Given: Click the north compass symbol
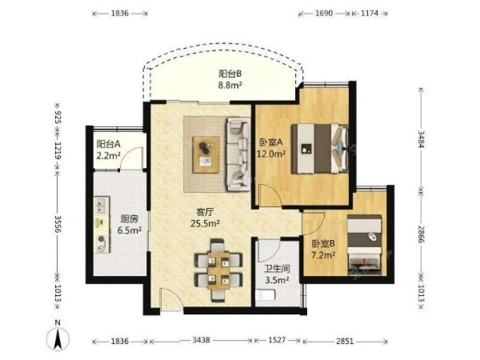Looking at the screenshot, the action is [x=58, y=339].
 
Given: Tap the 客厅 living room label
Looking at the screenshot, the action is [x=205, y=212].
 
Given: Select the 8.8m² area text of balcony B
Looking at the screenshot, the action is [x=230, y=85].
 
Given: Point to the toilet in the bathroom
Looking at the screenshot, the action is [x=265, y=295].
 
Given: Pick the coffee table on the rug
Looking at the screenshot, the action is [x=206, y=155].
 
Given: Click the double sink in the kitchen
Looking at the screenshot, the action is [x=101, y=205].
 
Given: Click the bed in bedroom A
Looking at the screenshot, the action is [x=319, y=148].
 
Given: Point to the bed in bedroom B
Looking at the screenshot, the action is [x=364, y=244].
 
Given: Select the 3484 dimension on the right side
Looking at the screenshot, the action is [x=421, y=140].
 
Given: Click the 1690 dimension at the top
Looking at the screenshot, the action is [x=324, y=13].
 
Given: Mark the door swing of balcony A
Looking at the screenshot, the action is [x=132, y=158].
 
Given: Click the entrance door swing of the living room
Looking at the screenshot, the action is [x=171, y=300].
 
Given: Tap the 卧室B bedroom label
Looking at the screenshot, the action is [x=323, y=244].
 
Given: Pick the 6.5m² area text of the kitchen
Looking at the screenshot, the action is [x=130, y=230].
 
